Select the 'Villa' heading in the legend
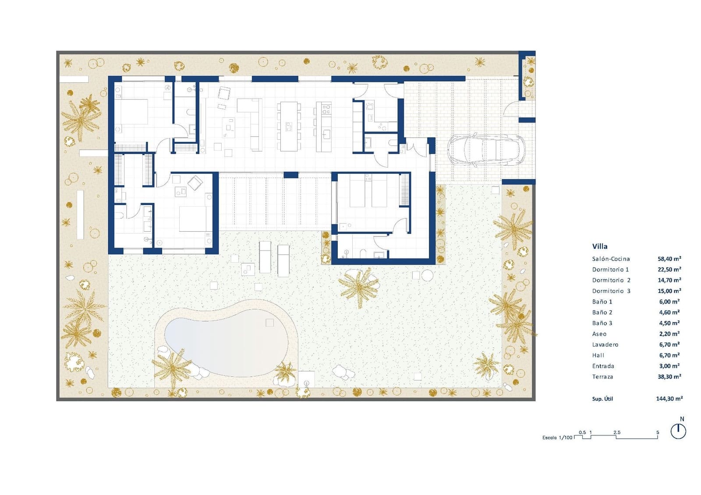[x=600, y=246]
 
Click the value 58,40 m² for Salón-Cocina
[x=669, y=259]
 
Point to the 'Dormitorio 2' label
[x=611, y=280]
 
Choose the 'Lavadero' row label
[x=605, y=345]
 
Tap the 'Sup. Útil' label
[x=602, y=399]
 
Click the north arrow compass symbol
[x=678, y=431]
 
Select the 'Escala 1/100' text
[x=557, y=438]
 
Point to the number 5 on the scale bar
[x=658, y=432]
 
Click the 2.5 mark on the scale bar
[x=617, y=432]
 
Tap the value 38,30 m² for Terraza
[x=669, y=377]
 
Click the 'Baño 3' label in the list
[x=602, y=323]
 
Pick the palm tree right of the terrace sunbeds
[x=359, y=287]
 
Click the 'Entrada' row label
[x=603, y=366]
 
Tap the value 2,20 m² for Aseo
[x=669, y=334]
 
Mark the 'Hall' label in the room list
[x=598, y=355]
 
